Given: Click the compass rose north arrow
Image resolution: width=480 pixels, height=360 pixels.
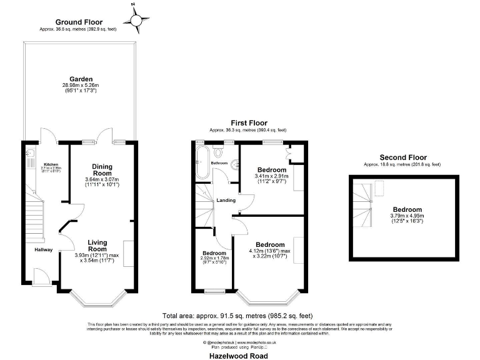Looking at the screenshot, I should click(136, 19).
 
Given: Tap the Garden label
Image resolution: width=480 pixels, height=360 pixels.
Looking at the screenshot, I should click(81, 79).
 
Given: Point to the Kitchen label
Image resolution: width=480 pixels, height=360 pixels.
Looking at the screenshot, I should click(49, 164).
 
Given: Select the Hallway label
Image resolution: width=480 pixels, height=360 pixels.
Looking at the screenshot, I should click(44, 251).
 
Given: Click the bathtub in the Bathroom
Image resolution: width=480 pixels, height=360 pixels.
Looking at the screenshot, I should click(202, 162).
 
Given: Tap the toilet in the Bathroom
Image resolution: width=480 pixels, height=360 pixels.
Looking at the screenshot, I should click(217, 152).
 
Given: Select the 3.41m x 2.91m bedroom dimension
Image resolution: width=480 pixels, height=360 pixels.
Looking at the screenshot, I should click(272, 176).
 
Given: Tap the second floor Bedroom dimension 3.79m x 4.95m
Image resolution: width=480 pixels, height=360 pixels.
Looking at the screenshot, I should click(407, 216).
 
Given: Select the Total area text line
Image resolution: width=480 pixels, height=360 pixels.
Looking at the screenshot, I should click(237, 316).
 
